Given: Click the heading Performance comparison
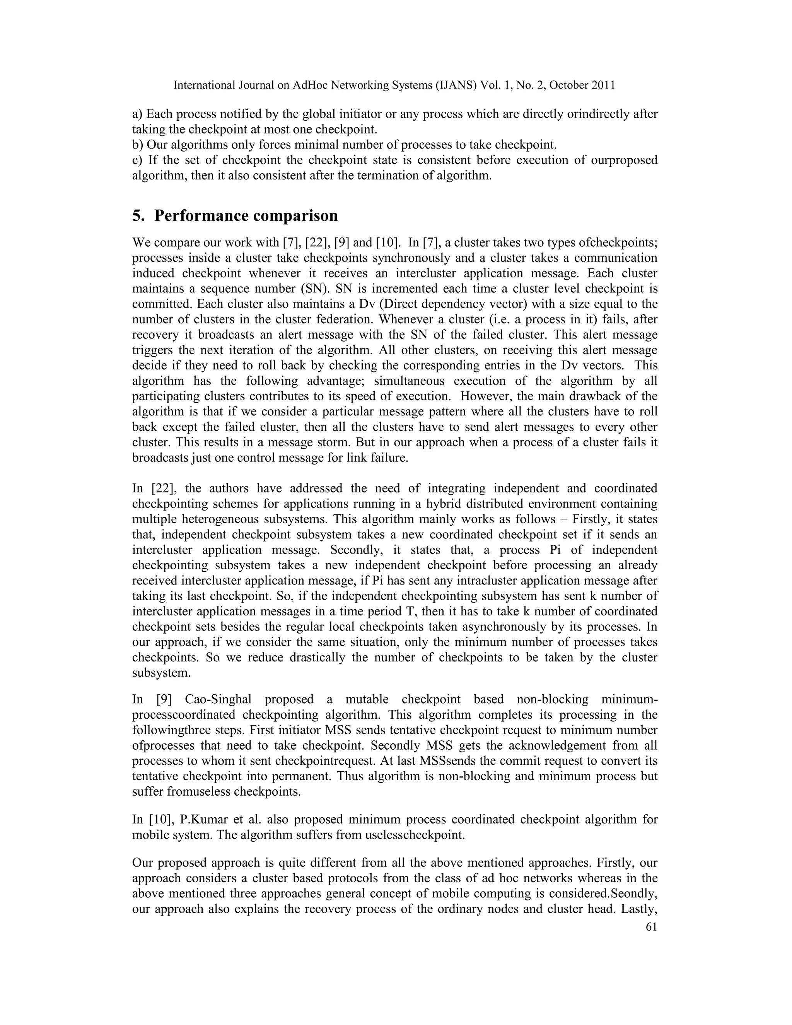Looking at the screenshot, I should tap(246, 216).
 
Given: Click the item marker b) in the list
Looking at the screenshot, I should tap(138, 145).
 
